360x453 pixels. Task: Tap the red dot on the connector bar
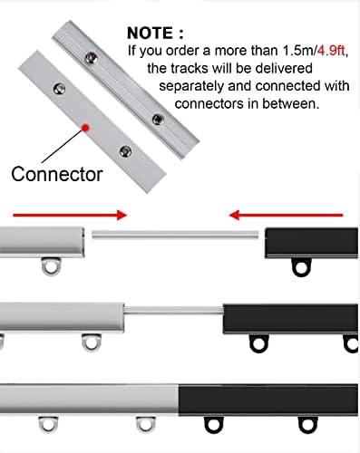84,128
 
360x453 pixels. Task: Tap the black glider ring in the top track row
299,266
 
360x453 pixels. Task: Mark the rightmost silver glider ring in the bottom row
145,426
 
